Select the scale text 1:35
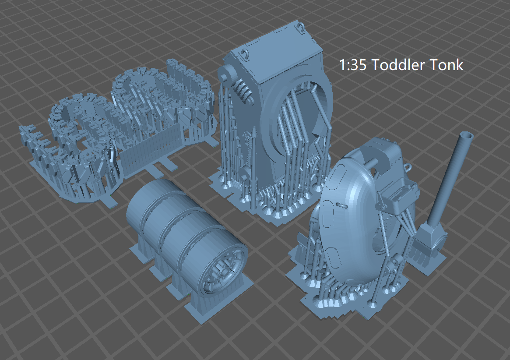(x=353, y=65)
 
